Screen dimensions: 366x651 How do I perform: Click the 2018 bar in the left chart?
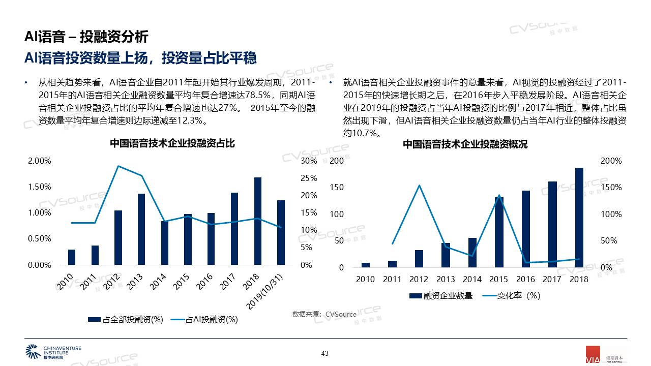(x=258, y=221)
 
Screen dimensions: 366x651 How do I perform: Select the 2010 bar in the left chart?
(x=72, y=257)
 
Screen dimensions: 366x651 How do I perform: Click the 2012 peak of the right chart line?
(x=419, y=186)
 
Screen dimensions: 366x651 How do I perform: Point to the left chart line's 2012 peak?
(x=118, y=166)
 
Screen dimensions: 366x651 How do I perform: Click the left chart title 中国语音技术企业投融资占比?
(x=172, y=143)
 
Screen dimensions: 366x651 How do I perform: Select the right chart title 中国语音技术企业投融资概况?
(x=465, y=144)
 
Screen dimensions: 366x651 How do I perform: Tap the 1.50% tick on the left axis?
(x=39, y=187)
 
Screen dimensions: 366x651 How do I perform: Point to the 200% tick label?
(x=611, y=161)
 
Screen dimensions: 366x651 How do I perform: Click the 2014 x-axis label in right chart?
(x=472, y=279)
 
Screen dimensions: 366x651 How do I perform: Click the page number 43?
(x=325, y=353)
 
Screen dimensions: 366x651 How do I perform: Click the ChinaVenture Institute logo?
(x=53, y=352)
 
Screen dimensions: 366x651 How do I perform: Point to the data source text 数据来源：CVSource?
(x=324, y=314)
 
